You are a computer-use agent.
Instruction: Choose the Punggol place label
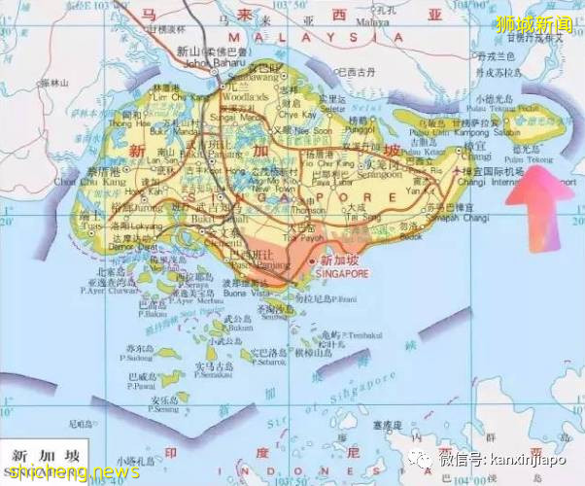coord(360,127)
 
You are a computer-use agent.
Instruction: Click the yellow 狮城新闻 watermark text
coord(533,23)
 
